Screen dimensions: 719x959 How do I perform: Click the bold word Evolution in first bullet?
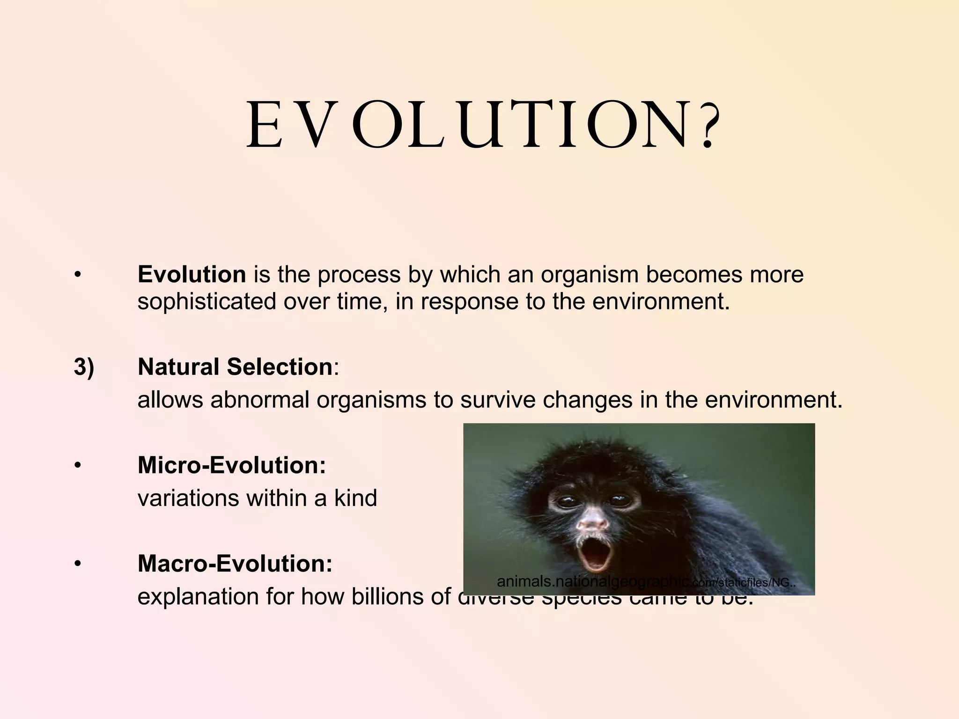point(192,274)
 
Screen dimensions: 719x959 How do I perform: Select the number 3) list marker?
point(84,367)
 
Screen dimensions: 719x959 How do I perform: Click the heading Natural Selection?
point(235,367)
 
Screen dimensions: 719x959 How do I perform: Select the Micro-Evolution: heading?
point(231,465)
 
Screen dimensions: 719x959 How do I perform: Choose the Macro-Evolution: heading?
point(235,564)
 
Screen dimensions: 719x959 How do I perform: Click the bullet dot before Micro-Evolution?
point(78,466)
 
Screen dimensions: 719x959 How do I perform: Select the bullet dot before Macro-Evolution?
point(78,564)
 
